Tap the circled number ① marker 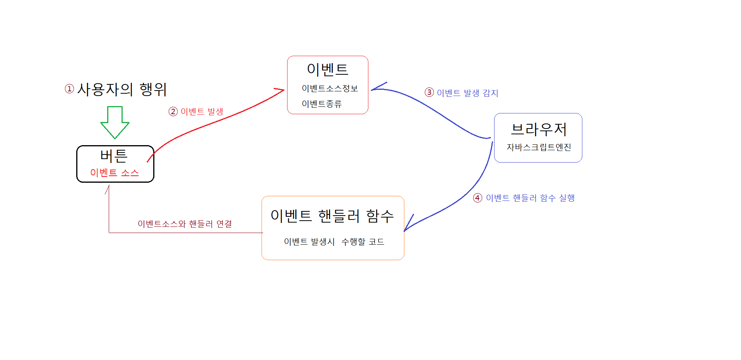click(x=69, y=89)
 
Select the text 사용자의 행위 click(x=122, y=89)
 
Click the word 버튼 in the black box click(x=114, y=156)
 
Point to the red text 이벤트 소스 click(x=115, y=173)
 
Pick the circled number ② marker click(x=173, y=111)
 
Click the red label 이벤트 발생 click(x=202, y=111)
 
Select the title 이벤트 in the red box click(x=328, y=69)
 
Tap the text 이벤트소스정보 click(x=330, y=89)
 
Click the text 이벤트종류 click(x=322, y=104)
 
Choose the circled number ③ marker click(x=429, y=93)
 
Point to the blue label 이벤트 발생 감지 click(x=467, y=93)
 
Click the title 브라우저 click(x=539, y=129)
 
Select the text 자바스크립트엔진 click(x=539, y=147)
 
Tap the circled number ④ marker click(x=478, y=198)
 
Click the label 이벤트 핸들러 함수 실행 click(x=530, y=198)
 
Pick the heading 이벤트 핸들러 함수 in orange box click(x=332, y=216)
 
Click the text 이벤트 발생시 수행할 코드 click(x=334, y=242)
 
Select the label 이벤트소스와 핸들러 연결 click(x=185, y=224)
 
